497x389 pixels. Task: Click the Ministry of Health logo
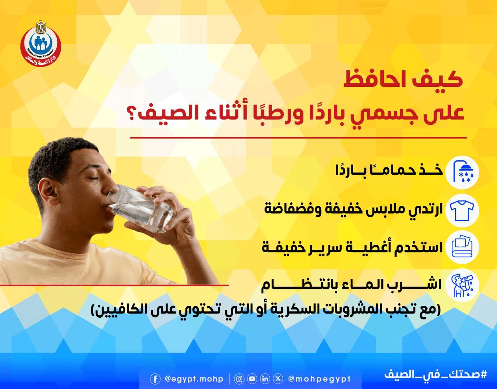click(x=40, y=43)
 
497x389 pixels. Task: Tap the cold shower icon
click(x=462, y=172)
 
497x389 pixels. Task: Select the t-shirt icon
click(x=462, y=210)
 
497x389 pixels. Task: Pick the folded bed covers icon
click(x=462, y=247)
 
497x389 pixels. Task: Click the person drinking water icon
click(x=462, y=285)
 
